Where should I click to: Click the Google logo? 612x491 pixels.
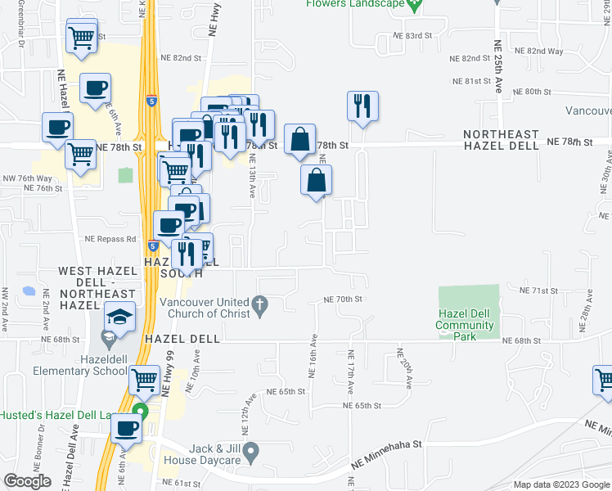click(x=27, y=481)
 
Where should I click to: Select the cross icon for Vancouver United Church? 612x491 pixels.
click(x=260, y=305)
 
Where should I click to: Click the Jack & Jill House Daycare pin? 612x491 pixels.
click(x=251, y=450)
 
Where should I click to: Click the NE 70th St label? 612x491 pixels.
click(x=343, y=300)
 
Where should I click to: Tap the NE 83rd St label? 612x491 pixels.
click(x=412, y=36)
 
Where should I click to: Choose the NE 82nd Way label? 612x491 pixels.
click(x=546, y=51)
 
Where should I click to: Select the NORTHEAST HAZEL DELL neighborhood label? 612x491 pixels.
click(x=501, y=140)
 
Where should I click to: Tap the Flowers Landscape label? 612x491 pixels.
click(x=356, y=4)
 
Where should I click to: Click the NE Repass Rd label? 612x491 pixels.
click(x=110, y=239)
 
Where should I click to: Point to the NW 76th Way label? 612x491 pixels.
click(x=34, y=178)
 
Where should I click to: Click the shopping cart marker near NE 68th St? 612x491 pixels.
click(x=144, y=380)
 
